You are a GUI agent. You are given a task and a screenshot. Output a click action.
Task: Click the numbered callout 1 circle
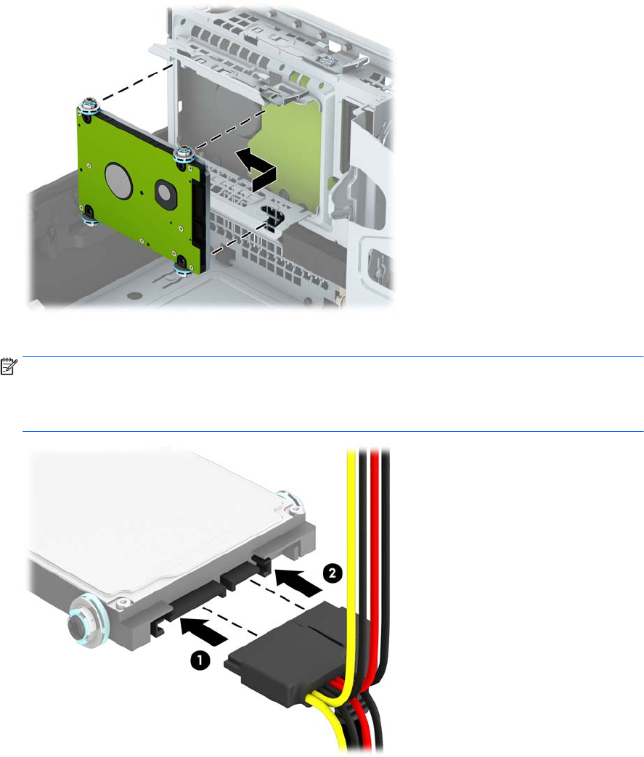pos(200,660)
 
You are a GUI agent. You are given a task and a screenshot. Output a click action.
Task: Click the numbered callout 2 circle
pos(332,573)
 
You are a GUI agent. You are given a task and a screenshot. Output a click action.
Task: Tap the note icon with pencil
pos(9,367)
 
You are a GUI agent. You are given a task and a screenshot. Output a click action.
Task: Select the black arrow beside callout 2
pos(298,583)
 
